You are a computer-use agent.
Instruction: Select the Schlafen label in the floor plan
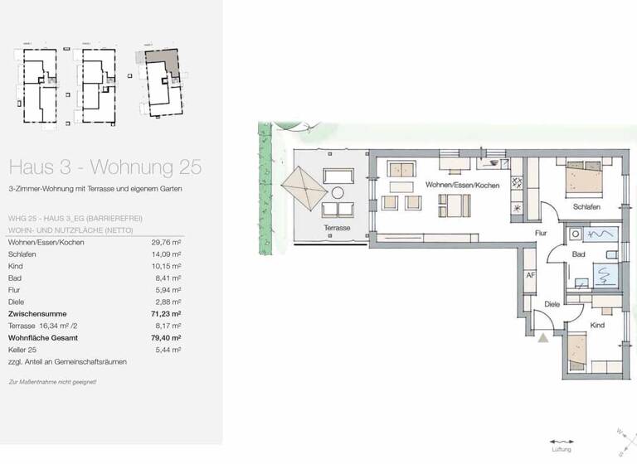tap(586, 207)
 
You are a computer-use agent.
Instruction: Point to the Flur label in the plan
tap(543, 234)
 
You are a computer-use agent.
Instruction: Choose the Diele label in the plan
tap(552, 304)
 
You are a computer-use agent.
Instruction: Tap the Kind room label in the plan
tap(598, 326)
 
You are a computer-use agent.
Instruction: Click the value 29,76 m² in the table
tap(167, 242)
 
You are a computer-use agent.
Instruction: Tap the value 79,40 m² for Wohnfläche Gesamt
tap(166, 338)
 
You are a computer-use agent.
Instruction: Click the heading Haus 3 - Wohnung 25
tap(104, 167)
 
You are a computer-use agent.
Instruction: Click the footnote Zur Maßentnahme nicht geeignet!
tap(52, 382)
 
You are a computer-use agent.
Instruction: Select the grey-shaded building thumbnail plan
tap(160, 81)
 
